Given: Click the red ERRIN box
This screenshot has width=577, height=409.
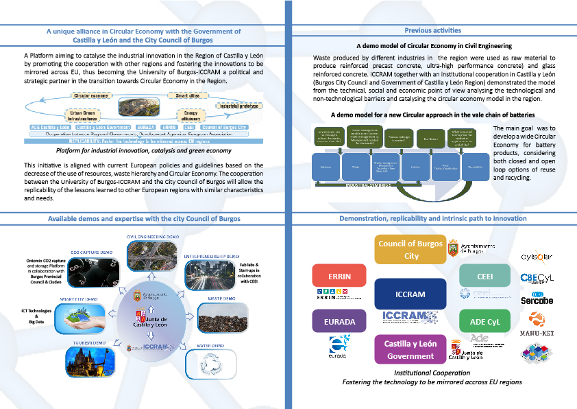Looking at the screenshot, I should [334, 276].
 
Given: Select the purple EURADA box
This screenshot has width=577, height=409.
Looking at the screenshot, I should [334, 321].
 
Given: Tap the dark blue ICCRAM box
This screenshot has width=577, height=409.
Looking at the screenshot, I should [410, 294].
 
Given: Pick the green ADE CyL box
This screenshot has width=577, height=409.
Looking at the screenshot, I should [486, 321].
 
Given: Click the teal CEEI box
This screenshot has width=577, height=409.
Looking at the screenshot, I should [486, 276].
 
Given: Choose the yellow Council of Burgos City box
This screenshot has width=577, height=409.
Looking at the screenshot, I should [409, 250].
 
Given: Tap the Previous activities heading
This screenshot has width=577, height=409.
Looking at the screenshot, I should [432, 30].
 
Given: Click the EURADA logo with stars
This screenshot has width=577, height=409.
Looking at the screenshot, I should [339, 344].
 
